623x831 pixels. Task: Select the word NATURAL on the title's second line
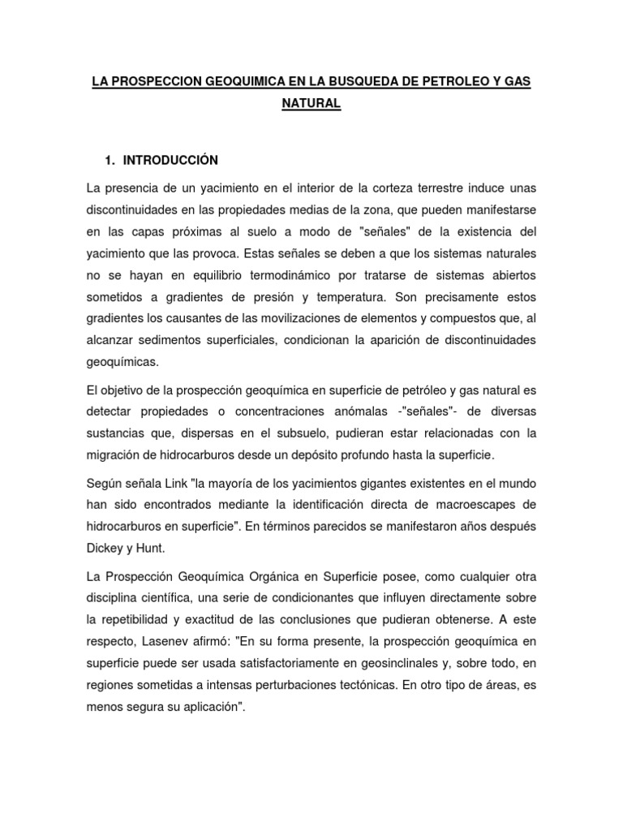coord(311,105)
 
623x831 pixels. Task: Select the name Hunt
coord(152,547)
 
